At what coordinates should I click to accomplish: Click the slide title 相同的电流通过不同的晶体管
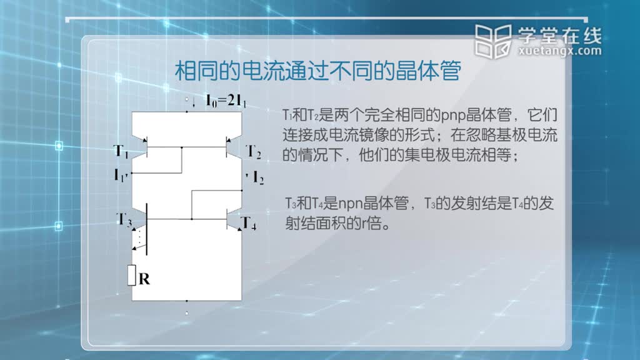click(318, 71)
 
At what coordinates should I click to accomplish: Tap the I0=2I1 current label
click(226, 101)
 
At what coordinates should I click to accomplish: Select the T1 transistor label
click(121, 151)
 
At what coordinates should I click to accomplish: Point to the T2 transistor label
click(253, 152)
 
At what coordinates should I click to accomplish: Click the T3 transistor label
click(124, 219)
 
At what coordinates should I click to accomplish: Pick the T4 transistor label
click(249, 223)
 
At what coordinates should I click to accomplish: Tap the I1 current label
click(121, 175)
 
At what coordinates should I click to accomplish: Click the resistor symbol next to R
click(131, 275)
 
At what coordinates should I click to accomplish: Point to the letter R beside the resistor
click(144, 279)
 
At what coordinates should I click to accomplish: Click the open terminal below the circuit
click(186, 314)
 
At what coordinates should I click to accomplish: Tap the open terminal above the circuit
click(186, 99)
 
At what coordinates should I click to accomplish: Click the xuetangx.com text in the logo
click(560, 51)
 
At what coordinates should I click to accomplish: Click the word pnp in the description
click(453, 116)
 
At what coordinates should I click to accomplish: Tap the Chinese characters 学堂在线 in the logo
click(560, 36)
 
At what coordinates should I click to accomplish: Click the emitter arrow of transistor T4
click(239, 229)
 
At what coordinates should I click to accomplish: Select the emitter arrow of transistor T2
click(229, 140)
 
